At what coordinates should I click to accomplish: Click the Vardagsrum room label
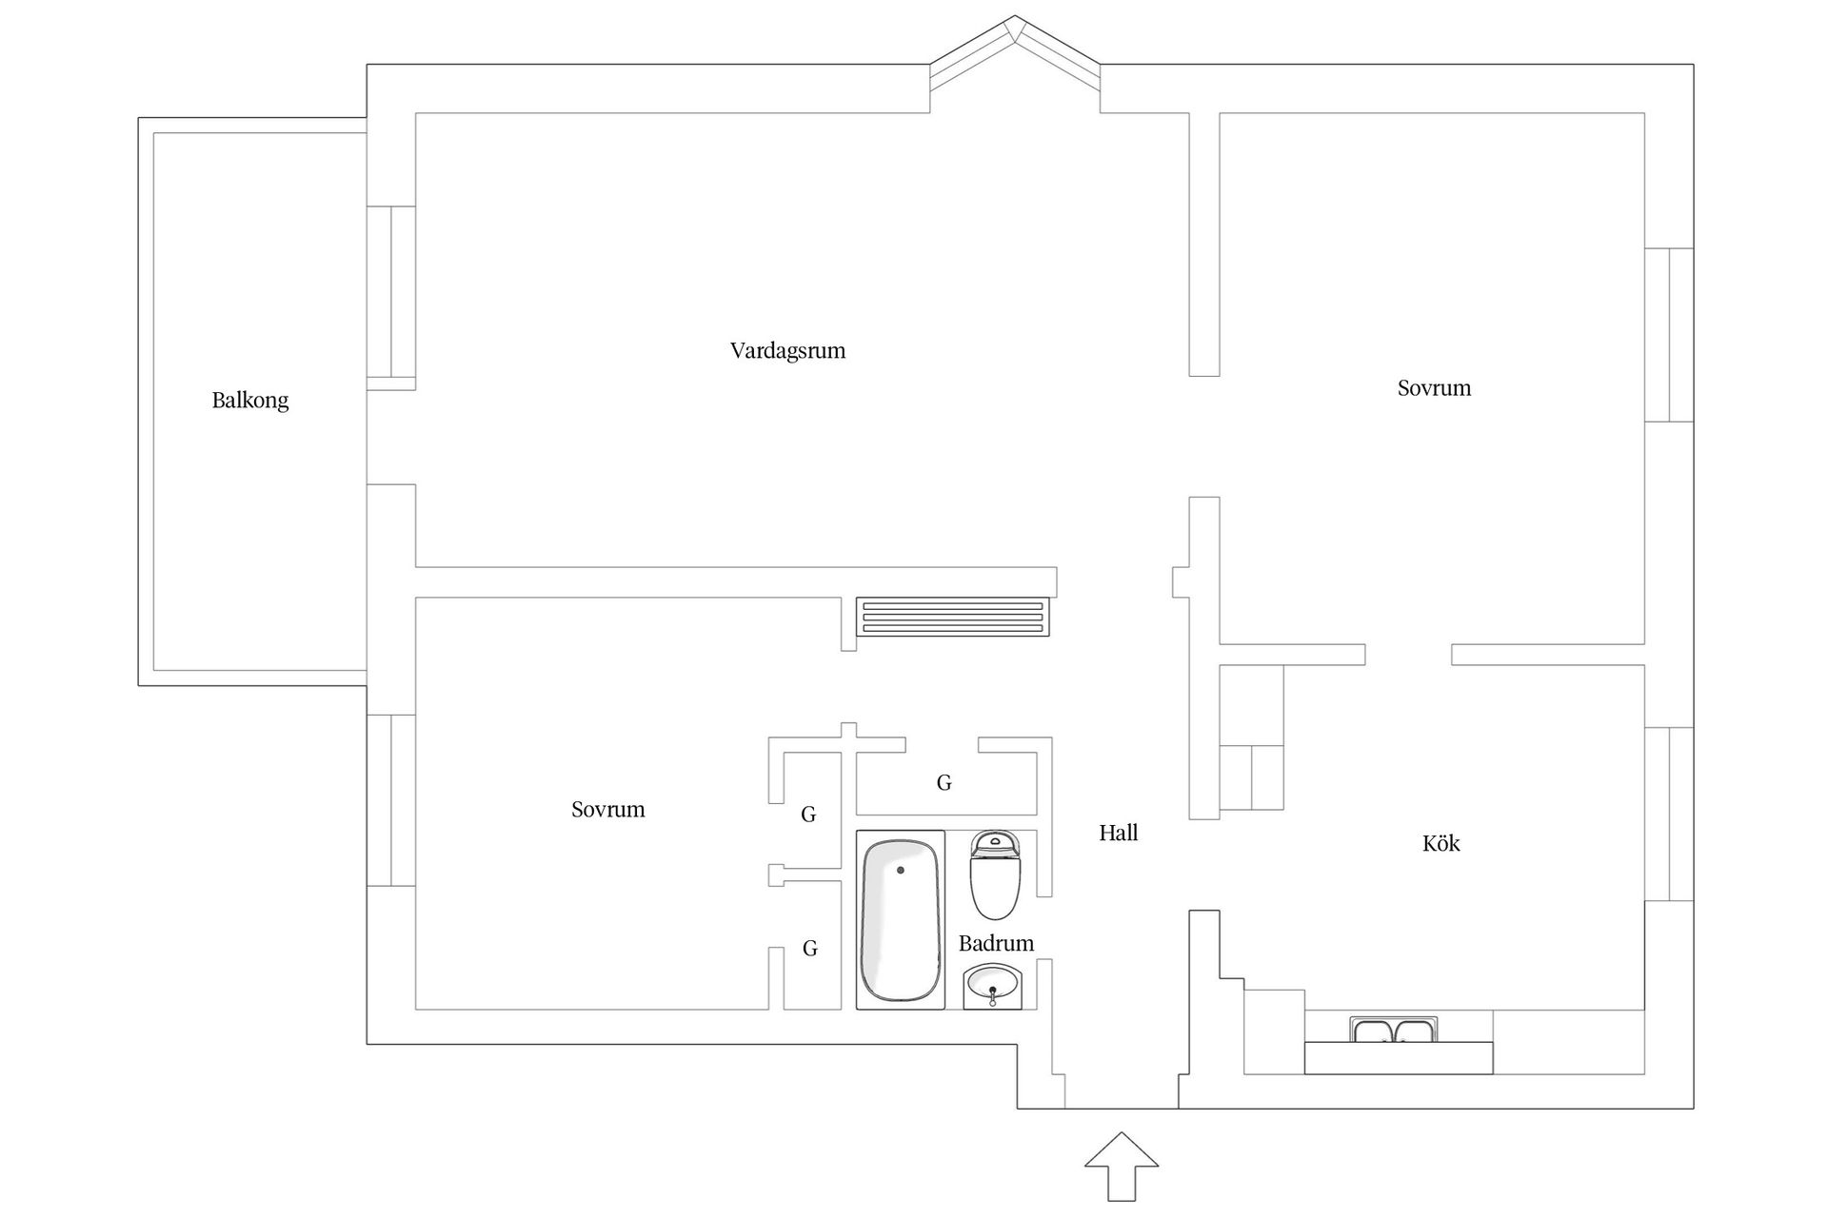(787, 351)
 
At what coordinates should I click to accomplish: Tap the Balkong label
(249, 401)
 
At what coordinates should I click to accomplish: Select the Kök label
(1440, 844)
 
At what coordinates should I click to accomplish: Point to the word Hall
(1118, 834)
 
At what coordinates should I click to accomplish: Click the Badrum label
(995, 944)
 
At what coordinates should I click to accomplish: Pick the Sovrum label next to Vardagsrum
(1433, 388)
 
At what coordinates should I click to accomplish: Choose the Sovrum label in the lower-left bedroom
(607, 810)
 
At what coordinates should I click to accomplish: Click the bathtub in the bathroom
(900, 919)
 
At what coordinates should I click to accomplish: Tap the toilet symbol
(995, 874)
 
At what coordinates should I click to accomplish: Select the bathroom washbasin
(992, 986)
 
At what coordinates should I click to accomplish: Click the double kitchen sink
(1393, 1031)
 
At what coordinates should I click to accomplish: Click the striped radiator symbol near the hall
(952, 616)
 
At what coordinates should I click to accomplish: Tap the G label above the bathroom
(944, 783)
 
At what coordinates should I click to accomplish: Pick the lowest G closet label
(809, 949)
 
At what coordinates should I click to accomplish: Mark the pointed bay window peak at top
(1015, 21)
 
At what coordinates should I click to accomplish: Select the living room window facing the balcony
(391, 297)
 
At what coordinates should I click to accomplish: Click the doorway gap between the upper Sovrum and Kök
(1408, 655)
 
